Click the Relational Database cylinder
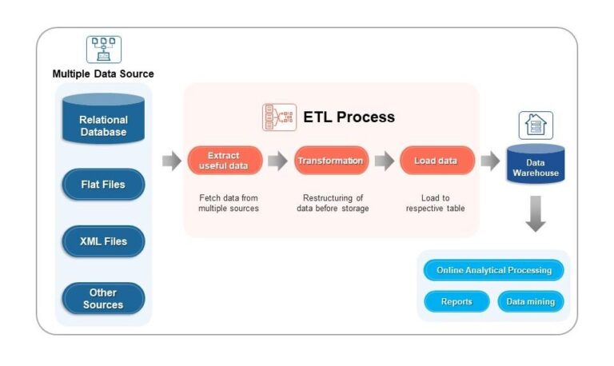(x=103, y=119)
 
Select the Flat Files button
(x=103, y=185)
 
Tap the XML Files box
(x=103, y=241)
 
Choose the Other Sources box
(x=103, y=298)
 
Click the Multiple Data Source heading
(x=103, y=74)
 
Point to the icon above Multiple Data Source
(x=103, y=49)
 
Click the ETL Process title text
(x=349, y=117)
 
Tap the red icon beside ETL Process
(x=279, y=117)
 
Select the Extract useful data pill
(x=225, y=161)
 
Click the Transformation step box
(x=331, y=161)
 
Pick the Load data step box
(x=437, y=161)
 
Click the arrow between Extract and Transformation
(x=277, y=161)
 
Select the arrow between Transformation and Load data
(x=385, y=161)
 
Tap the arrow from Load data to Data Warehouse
(x=489, y=161)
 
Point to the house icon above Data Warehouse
(x=535, y=125)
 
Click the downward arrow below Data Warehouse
(x=536, y=215)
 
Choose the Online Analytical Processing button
(x=493, y=270)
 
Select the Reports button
(x=456, y=301)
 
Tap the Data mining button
(x=530, y=301)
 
